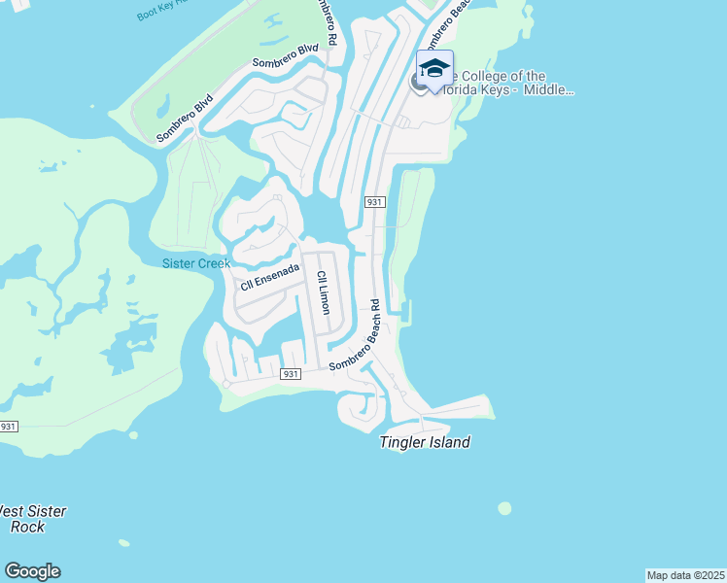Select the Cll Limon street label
pos(324,292)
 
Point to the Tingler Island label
pos(424,443)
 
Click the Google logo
pos(32,571)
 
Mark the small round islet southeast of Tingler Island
pos(504,508)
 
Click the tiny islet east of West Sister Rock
pos(123,542)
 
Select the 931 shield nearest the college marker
pos(375,202)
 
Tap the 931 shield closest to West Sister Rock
pos(9,427)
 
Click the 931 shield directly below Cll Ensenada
pos(290,374)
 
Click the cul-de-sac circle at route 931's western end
pos(226,384)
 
